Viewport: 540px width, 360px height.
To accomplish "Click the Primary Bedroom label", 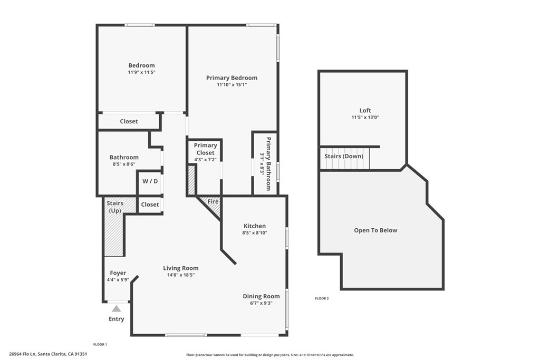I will (x=232, y=78).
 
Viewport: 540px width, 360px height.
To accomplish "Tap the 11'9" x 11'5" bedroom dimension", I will (x=141, y=72).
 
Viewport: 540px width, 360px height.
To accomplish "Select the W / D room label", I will (x=150, y=181).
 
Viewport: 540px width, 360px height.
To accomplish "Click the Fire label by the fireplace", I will (x=213, y=202).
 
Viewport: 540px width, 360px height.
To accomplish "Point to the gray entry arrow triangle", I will (x=117, y=308).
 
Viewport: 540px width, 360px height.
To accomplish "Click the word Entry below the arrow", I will (x=117, y=319).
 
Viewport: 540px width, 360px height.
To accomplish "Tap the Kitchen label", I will (x=254, y=226).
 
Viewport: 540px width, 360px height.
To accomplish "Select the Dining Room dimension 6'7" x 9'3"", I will (x=261, y=303).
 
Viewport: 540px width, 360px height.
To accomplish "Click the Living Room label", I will (x=180, y=268).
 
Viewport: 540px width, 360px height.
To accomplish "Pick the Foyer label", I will (x=118, y=273).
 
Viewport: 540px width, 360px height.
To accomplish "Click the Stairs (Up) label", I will (x=114, y=207).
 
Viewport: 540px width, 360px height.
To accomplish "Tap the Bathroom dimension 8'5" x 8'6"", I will (x=124, y=164).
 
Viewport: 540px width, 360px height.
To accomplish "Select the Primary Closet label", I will (x=205, y=149).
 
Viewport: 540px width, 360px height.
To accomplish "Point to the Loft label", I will (x=365, y=111).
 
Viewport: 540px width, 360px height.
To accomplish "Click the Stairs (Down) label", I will (x=344, y=157).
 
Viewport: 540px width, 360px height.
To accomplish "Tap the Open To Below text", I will (x=375, y=230).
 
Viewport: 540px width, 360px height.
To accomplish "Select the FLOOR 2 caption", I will (x=322, y=299).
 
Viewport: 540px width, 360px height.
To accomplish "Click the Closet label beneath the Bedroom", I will (x=129, y=121).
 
